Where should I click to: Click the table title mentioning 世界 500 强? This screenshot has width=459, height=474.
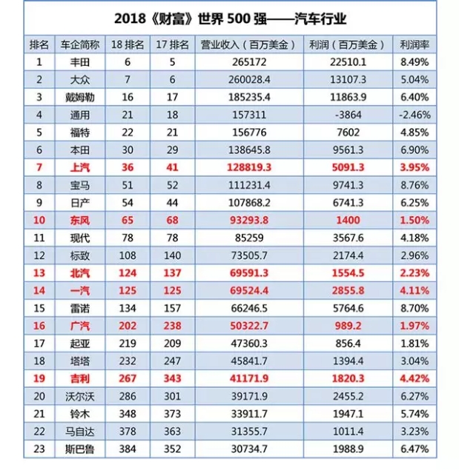click(230, 19)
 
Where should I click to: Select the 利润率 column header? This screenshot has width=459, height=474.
click(415, 44)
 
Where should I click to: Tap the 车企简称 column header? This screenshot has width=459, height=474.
click(80, 44)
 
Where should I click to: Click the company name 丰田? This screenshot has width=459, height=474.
click(80, 62)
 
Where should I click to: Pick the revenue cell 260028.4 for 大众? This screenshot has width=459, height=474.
click(249, 80)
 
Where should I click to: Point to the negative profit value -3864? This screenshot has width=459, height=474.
click(348, 115)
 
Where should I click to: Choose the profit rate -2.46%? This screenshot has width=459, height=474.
click(415, 115)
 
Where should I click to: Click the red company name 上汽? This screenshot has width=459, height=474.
click(80, 167)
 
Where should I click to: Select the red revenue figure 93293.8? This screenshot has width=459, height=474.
click(249, 220)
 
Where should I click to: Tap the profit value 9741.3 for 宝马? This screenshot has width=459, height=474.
click(348, 185)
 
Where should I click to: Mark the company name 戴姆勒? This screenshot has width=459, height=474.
click(80, 97)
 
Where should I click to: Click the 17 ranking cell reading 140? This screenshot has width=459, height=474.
click(172, 256)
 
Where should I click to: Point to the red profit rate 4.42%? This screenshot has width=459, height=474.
click(415, 378)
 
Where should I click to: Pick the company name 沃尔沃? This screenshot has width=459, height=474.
click(80, 396)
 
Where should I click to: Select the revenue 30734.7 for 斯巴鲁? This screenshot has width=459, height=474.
click(249, 449)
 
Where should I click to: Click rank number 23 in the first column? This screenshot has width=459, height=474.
click(39, 449)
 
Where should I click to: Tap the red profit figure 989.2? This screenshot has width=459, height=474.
click(348, 326)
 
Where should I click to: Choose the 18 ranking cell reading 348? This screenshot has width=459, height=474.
click(128, 414)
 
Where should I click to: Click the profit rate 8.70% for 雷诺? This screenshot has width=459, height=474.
click(415, 308)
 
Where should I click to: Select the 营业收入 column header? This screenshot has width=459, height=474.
click(248, 44)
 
